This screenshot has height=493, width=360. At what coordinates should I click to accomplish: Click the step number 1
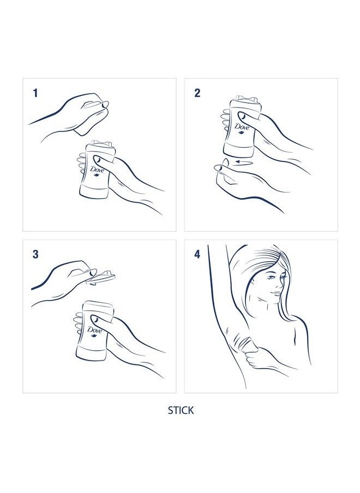tap(35, 93)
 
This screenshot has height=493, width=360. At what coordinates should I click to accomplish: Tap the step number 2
tap(197, 93)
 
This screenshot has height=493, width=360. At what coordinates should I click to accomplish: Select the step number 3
tap(35, 254)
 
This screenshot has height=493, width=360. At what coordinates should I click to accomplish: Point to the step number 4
tap(197, 254)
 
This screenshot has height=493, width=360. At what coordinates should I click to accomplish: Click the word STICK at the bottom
tap(181, 410)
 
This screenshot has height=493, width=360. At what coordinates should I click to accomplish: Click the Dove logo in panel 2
tap(242, 128)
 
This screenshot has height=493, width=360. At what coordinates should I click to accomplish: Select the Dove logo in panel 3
tap(94, 331)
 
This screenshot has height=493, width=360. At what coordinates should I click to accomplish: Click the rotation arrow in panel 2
tap(244, 162)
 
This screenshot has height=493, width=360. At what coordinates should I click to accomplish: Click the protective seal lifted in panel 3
tap(101, 277)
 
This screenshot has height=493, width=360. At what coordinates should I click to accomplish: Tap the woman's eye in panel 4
tap(271, 278)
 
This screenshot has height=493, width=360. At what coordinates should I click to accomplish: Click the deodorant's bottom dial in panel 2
tap(239, 151)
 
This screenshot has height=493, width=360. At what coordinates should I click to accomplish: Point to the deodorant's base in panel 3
tap(91, 354)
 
